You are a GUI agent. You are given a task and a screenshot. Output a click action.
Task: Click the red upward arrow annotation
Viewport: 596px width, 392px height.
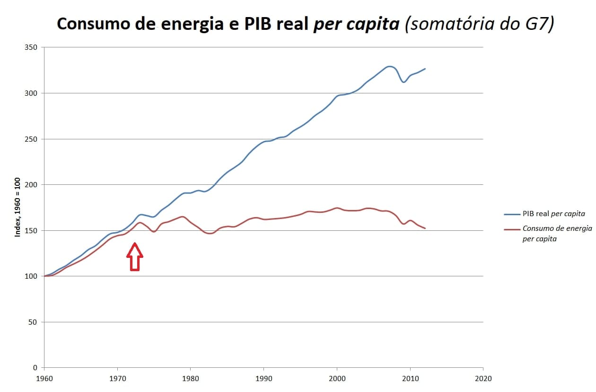click(x=135, y=256)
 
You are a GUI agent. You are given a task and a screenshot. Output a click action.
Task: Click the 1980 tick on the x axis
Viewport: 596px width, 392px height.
click(x=190, y=378)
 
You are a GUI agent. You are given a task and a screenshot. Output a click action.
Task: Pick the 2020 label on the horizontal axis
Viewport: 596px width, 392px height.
click(x=483, y=378)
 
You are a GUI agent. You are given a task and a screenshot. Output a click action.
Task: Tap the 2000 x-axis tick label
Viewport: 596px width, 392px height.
click(x=337, y=378)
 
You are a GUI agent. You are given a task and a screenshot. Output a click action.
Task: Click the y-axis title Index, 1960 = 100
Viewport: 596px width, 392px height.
click(x=18, y=207)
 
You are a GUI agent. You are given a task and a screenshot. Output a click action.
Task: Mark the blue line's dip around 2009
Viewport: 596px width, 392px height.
click(x=403, y=82)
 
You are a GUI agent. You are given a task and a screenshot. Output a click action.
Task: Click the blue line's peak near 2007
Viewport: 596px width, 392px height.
click(x=389, y=66)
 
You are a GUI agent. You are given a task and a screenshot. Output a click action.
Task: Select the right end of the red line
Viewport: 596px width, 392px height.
click(x=425, y=228)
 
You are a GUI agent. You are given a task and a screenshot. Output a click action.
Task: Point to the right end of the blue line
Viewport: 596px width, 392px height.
click(x=425, y=69)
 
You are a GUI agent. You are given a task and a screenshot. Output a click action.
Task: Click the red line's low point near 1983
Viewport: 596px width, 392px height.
click(x=210, y=234)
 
